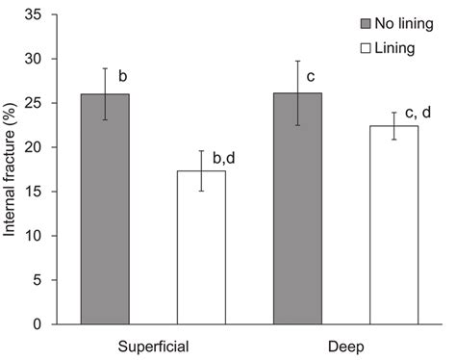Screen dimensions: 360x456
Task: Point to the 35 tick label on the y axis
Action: (41, 16)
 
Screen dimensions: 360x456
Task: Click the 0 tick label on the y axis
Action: (45, 324)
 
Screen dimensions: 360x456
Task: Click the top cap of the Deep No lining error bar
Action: (303, 62)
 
